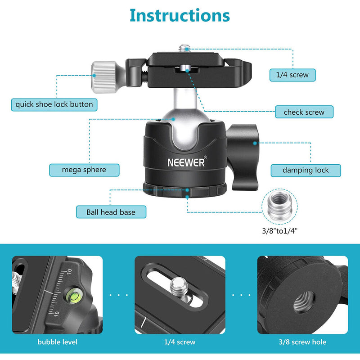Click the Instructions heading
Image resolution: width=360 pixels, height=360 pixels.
[180, 15]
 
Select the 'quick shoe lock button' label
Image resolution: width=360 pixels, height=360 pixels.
[54, 104]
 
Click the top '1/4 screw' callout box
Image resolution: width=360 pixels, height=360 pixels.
[292, 75]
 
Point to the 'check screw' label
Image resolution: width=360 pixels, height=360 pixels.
[304, 112]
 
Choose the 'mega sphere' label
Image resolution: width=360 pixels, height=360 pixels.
[84, 170]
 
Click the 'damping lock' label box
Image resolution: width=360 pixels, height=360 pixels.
[306, 170]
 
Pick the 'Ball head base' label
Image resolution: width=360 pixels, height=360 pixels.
[111, 211]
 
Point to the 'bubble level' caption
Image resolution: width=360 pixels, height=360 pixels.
[57, 342]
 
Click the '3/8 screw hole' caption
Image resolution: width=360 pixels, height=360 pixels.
[302, 342]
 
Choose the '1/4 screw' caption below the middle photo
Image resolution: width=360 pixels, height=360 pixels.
[180, 342]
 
